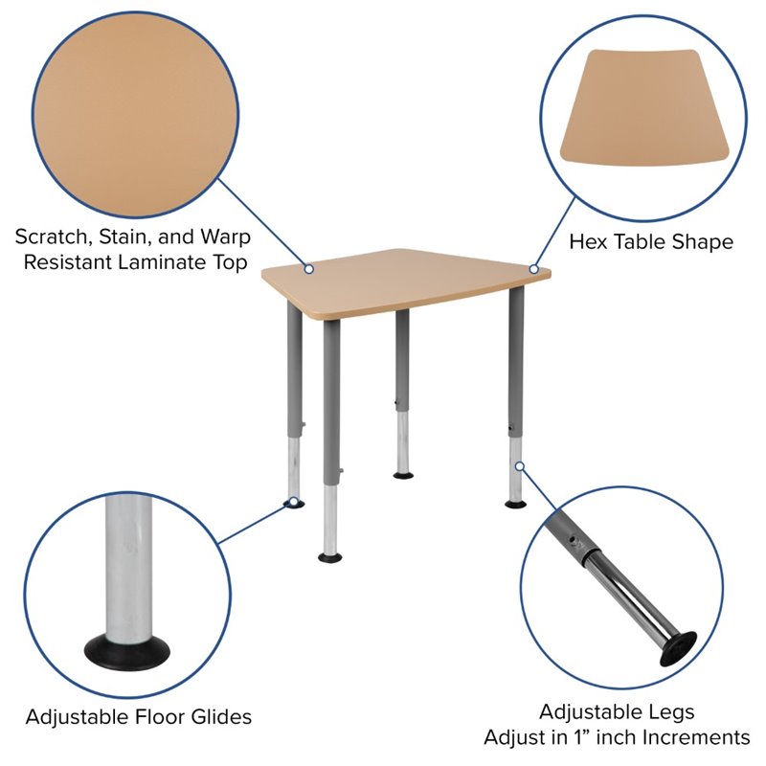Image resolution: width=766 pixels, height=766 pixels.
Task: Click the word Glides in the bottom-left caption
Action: pos(217,716)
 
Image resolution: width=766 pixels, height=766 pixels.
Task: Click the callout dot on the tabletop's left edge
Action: pos(308,269)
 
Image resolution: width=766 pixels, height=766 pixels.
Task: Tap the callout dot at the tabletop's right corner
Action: pos(534,269)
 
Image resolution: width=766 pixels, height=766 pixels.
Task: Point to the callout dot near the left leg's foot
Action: pos(289,500)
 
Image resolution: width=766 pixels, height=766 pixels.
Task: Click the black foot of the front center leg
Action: pos(332,555)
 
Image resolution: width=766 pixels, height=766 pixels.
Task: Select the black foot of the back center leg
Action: pos(403,474)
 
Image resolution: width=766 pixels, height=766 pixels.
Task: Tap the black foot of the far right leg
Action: pos(515,503)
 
